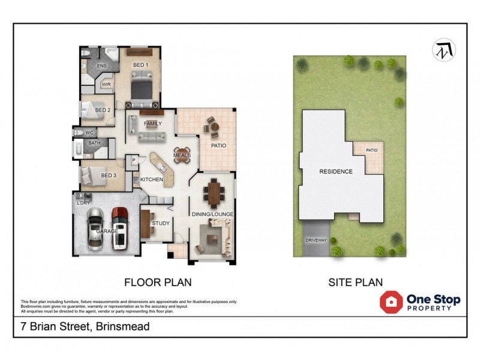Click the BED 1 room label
140,64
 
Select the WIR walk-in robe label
106,85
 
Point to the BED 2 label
103,110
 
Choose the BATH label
95,143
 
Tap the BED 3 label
108,175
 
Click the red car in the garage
120,227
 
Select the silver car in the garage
96,229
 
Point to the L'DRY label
83,203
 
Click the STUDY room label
161,223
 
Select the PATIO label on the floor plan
217,145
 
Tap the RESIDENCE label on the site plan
335,172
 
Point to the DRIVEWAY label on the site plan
316,240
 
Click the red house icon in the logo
391,302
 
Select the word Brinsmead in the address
120,327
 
